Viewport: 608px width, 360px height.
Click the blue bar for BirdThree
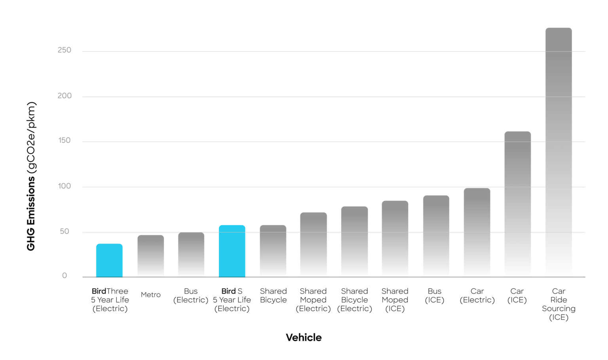pos(109,260)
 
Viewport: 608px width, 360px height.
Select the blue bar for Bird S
pos(232,251)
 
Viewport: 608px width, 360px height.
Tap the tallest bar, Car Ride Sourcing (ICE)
pos(559,152)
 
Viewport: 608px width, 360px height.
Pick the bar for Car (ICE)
pos(517,204)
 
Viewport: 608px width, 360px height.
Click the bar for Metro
pos(150,256)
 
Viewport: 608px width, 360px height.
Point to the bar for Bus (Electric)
pos(191,255)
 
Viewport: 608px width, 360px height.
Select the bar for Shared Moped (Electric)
pos(313,245)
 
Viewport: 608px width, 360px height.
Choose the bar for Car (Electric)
pos(477,232)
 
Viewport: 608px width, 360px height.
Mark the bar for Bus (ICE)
pos(436,236)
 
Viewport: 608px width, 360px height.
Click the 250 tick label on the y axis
pos(65,50)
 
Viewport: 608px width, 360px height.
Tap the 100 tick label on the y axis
pos(65,186)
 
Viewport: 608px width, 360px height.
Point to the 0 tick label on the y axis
pos(65,276)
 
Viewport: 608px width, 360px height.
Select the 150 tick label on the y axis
pos(65,140)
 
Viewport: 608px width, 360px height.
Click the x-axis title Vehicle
pos(304,337)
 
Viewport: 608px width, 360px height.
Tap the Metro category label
pos(151,295)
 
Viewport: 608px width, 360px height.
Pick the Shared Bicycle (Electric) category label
pos(355,300)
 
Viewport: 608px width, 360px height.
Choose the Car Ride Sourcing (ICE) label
pos(559,304)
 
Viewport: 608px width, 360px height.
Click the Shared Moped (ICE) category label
pos(395,300)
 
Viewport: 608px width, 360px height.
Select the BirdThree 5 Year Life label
pos(110,300)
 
